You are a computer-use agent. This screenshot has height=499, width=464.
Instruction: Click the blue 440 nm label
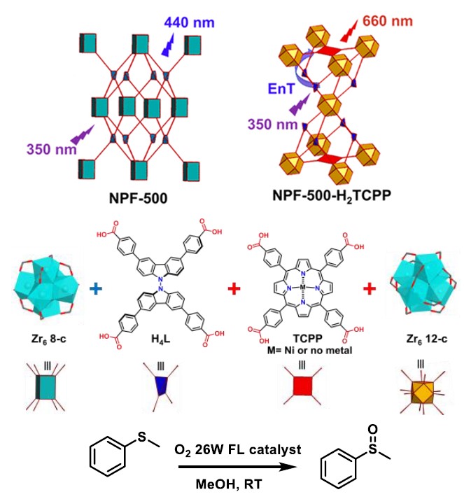(x=190, y=23)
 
